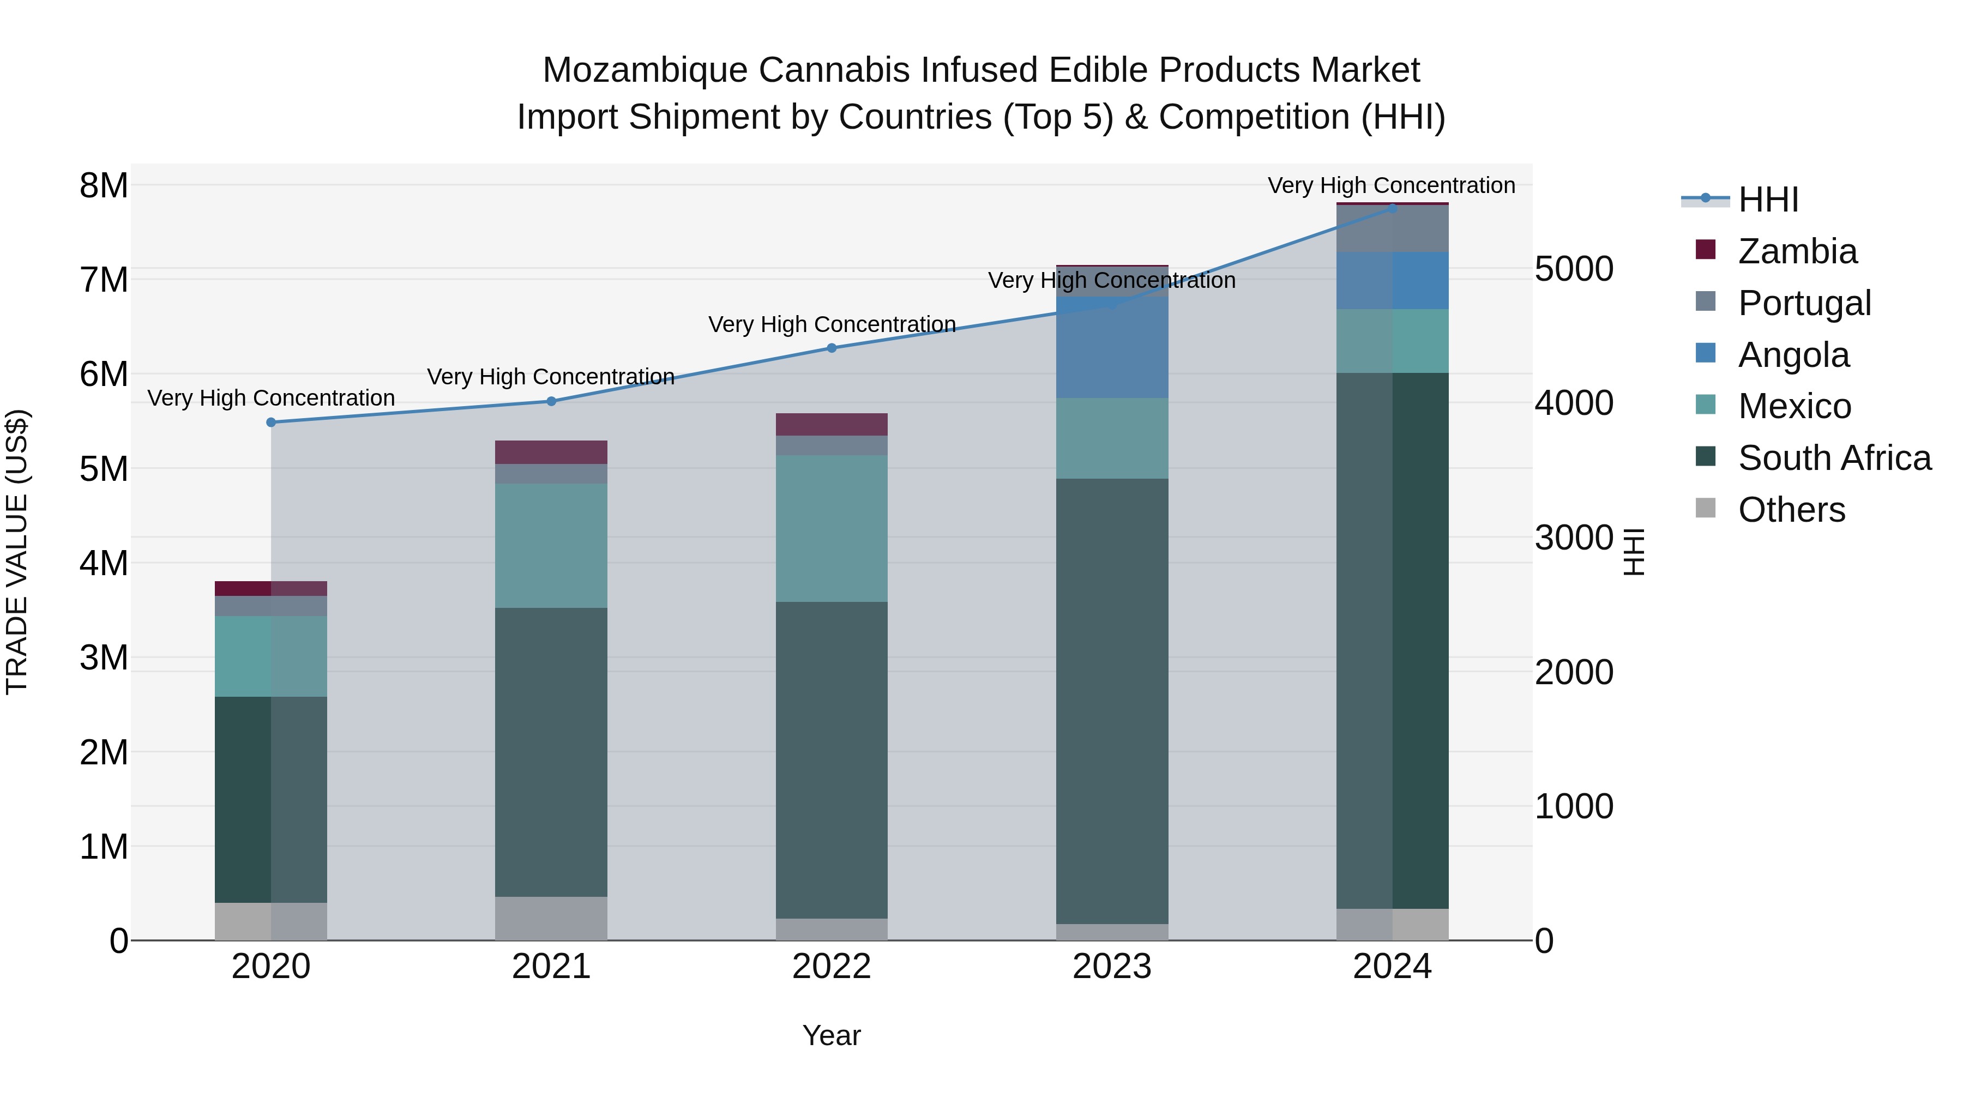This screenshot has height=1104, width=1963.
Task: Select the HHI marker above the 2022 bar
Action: (x=832, y=348)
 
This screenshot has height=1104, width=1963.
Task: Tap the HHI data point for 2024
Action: (x=1392, y=208)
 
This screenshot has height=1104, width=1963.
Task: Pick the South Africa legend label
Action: (x=1834, y=458)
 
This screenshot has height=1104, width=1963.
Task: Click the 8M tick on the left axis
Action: (x=104, y=186)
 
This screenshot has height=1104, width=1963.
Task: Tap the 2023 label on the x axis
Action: (x=1112, y=967)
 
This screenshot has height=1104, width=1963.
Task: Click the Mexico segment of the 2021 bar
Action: (x=551, y=546)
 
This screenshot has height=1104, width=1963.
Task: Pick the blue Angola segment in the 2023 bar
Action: (x=1112, y=347)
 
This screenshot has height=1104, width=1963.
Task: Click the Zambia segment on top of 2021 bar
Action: (x=551, y=452)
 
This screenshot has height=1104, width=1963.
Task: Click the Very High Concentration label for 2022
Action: (x=832, y=324)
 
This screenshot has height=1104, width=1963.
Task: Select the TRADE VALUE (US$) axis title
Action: (x=17, y=552)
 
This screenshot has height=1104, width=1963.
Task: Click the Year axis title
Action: (x=832, y=1035)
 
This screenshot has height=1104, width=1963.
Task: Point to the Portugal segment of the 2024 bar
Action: (x=1392, y=228)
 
